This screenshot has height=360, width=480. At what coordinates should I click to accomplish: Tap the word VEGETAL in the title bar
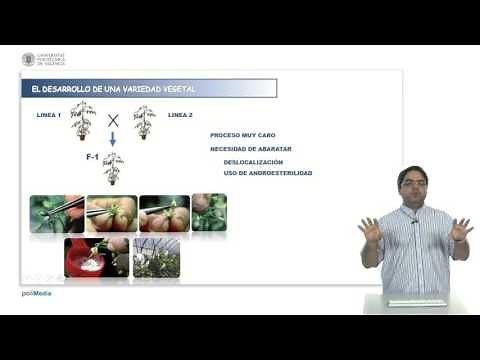pyautogui.click(x=176, y=90)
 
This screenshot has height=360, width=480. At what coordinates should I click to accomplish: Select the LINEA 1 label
pyautogui.click(x=48, y=116)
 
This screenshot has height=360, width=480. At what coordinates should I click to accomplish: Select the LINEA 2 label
pyautogui.click(x=180, y=116)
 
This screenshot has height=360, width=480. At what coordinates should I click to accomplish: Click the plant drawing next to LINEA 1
pyautogui.click(x=83, y=119)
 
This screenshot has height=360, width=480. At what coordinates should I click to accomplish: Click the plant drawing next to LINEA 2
pyautogui.click(x=144, y=120)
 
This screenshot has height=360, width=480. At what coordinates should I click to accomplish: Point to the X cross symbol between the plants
pyautogui.click(x=113, y=121)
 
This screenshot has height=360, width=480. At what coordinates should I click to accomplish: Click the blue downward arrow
pyautogui.click(x=113, y=140)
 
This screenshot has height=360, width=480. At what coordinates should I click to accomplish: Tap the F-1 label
pyautogui.click(x=93, y=158)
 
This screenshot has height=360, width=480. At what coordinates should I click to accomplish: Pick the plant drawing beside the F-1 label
pyautogui.click(x=113, y=168)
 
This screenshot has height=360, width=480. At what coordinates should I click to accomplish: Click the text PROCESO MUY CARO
pyautogui.click(x=242, y=135)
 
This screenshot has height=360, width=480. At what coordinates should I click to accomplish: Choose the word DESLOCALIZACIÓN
pyautogui.click(x=253, y=161)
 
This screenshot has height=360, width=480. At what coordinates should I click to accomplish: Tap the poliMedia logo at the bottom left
pyautogui.click(x=36, y=293)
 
